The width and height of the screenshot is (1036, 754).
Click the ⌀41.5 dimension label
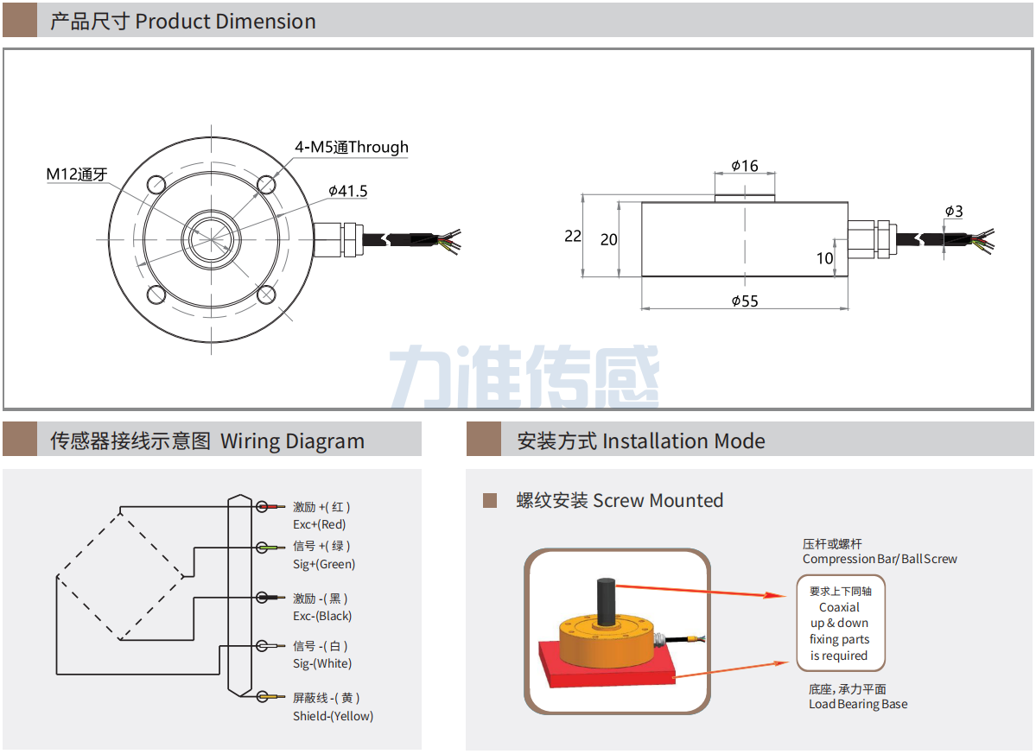click(x=348, y=191)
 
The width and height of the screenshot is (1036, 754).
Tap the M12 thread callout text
click(x=76, y=174)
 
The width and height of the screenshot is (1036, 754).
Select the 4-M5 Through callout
click(x=352, y=147)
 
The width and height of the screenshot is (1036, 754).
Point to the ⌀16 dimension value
click(x=744, y=166)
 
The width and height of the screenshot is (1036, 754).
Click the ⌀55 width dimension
click(x=744, y=301)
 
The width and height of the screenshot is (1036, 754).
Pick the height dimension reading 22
click(x=573, y=236)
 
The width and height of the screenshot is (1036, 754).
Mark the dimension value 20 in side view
click(x=609, y=239)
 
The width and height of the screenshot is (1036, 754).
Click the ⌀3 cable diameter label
click(x=954, y=211)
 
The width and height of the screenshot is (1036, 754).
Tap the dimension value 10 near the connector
click(x=825, y=257)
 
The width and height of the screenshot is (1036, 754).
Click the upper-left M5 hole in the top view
click(x=157, y=185)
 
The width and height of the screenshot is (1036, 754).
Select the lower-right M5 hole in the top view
click(x=267, y=295)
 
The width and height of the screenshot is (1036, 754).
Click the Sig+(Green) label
click(x=324, y=564)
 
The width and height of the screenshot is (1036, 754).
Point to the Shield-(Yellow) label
click(x=333, y=715)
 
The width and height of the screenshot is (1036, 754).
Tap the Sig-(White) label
click(x=322, y=663)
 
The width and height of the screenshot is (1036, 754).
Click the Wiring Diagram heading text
click(x=292, y=441)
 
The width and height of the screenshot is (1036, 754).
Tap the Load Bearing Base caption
click(x=858, y=704)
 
